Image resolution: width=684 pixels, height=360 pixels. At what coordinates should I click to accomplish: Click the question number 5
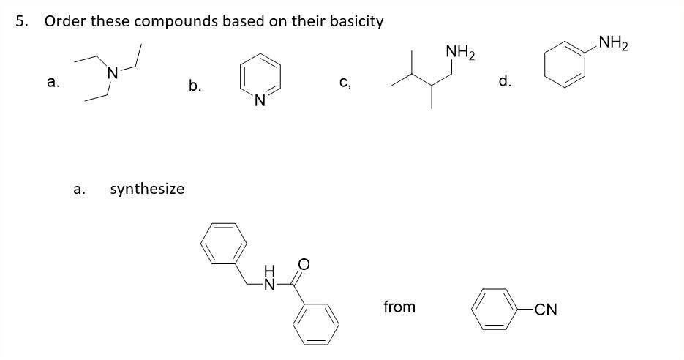pyautogui.click(x=23, y=21)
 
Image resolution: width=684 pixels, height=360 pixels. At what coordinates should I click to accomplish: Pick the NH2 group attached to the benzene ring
pyautogui.click(x=612, y=43)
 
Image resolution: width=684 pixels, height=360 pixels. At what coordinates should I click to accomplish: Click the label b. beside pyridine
pyautogui.click(x=195, y=86)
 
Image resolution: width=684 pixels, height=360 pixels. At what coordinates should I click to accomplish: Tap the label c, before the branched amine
pyautogui.click(x=345, y=82)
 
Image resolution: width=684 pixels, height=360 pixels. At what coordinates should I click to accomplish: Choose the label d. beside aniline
pyautogui.click(x=505, y=82)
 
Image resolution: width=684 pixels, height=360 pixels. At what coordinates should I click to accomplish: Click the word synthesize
pyautogui.click(x=147, y=189)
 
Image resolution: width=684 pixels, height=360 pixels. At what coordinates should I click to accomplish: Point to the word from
pyautogui.click(x=399, y=307)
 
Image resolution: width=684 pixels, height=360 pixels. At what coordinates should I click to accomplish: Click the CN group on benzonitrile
pyautogui.click(x=545, y=310)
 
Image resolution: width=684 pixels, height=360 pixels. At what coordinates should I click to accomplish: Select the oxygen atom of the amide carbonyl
pyautogui.click(x=304, y=262)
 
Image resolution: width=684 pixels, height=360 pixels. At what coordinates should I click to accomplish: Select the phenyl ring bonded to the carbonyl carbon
pyautogui.click(x=317, y=322)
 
